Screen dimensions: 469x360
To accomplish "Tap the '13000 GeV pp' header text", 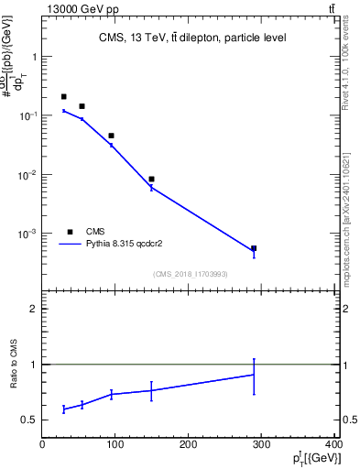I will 76,8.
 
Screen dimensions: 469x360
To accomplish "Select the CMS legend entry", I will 96,232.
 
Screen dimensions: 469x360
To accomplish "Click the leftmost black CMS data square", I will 63,96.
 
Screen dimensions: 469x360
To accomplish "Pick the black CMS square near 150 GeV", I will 151,180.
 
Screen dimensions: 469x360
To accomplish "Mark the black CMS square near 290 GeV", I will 254,248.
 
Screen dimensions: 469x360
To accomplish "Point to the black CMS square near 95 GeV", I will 111,136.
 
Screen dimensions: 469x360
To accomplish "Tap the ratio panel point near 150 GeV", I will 151,390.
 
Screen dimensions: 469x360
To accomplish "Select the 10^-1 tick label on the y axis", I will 27,115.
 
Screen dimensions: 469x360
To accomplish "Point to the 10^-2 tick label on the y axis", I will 27,175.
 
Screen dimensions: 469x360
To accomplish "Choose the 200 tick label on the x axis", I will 189,445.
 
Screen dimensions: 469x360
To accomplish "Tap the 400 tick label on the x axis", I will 334,445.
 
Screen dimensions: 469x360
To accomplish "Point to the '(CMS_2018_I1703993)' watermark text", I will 191,274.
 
